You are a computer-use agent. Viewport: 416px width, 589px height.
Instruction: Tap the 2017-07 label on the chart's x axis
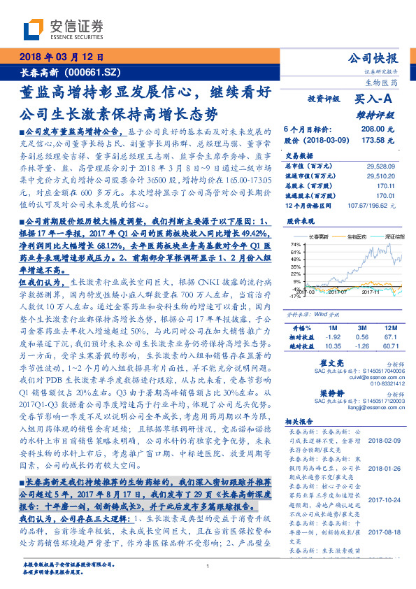pos(337,291)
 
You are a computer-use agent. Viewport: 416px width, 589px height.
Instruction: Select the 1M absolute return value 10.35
pos(331,345)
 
